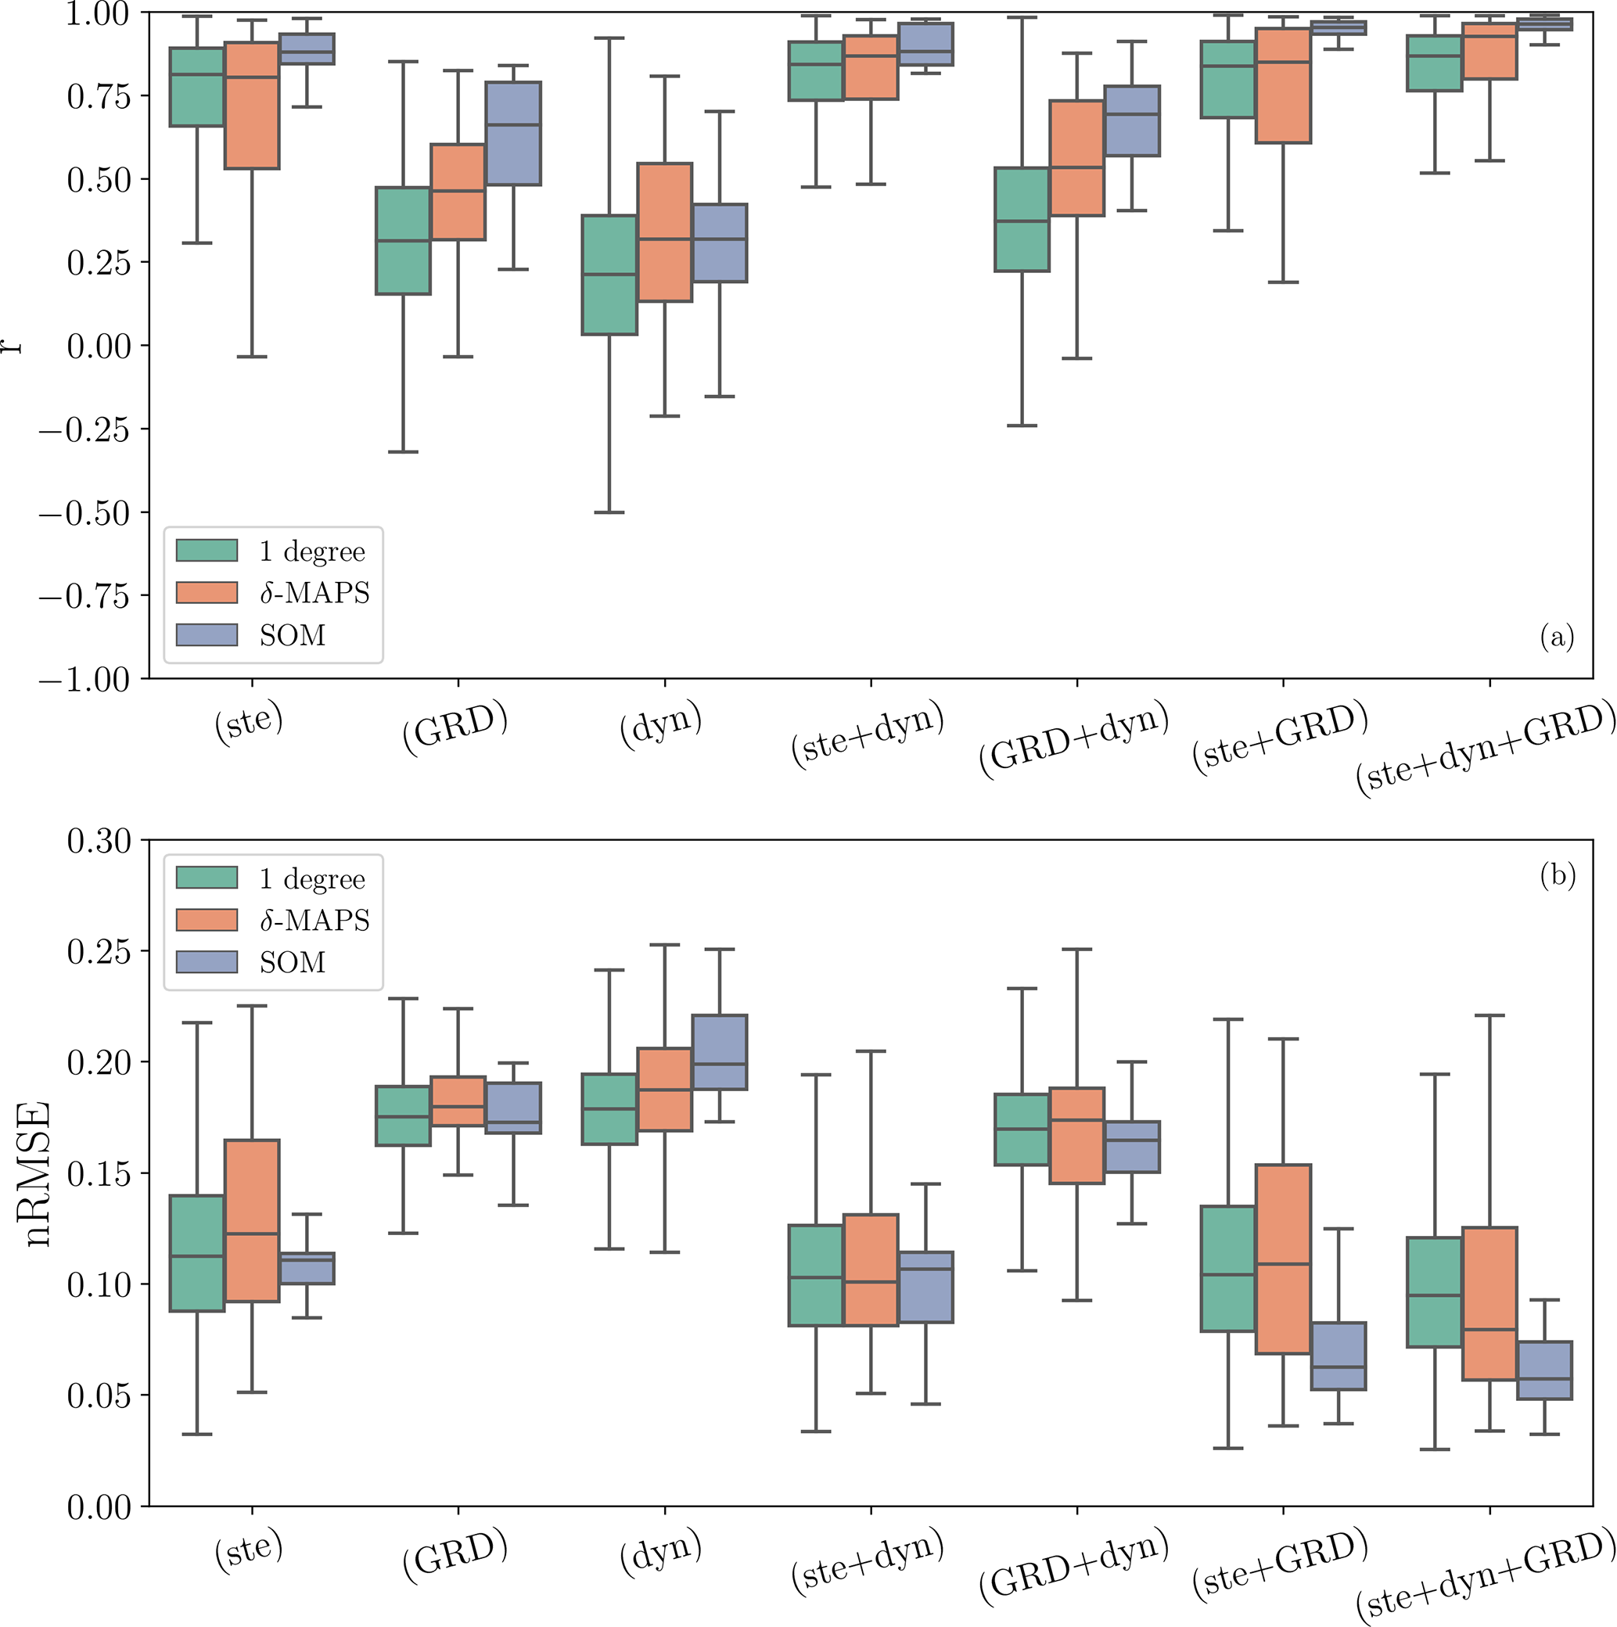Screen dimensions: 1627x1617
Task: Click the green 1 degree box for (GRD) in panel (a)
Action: coord(403,240)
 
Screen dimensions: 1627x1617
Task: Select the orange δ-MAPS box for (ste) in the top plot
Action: coord(252,106)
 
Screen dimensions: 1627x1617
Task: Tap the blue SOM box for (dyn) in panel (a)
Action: coord(719,242)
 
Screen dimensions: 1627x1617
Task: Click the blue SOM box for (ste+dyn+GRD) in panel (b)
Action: coord(1543,1370)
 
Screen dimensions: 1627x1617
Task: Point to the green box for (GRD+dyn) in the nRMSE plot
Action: coord(1022,1130)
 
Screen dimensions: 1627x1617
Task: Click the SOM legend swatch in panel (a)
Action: coord(207,634)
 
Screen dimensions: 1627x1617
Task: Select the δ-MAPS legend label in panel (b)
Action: coord(314,920)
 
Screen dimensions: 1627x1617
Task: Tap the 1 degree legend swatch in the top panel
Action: coord(207,551)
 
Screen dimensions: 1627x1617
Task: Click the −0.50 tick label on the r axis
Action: coord(84,513)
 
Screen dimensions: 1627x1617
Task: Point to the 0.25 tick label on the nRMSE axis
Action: coord(99,952)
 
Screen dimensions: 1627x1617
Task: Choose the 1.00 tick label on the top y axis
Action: coord(99,14)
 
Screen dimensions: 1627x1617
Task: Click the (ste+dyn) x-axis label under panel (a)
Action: coord(868,733)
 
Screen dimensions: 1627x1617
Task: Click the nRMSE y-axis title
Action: coord(38,1174)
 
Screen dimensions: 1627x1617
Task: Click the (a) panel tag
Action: coord(1556,637)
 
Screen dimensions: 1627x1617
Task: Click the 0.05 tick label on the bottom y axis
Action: coord(99,1395)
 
